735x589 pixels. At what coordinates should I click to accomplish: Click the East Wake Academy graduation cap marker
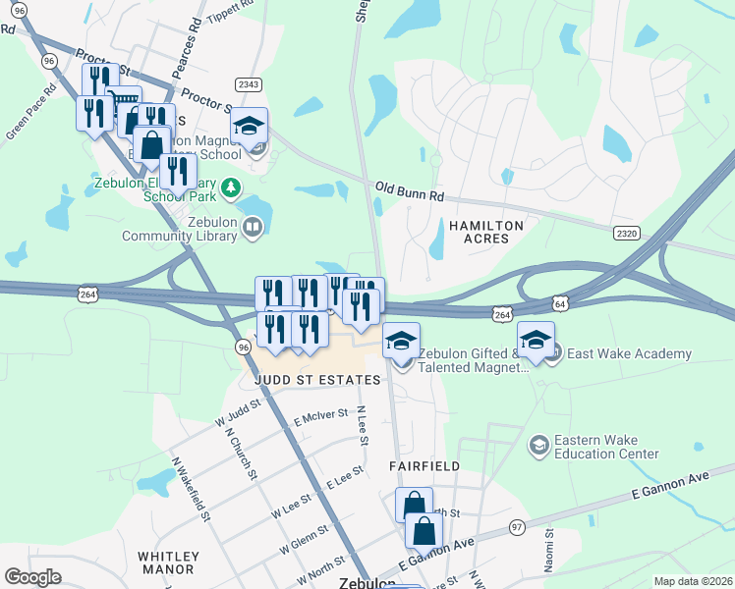click(536, 342)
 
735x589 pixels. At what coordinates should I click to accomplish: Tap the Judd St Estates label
click(303, 380)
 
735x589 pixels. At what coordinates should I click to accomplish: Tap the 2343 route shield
click(248, 85)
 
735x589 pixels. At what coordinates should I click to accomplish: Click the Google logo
click(32, 576)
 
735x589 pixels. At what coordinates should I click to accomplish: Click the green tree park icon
click(229, 186)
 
